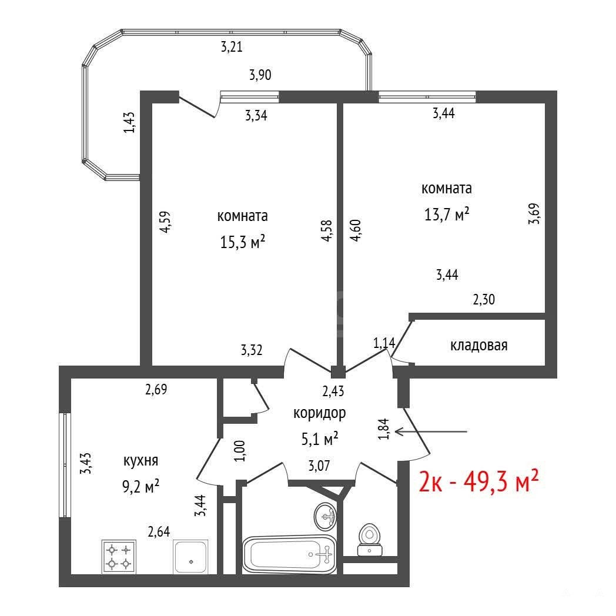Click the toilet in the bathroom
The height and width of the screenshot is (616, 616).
(370, 540)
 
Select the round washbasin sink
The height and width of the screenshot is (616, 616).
(325, 516)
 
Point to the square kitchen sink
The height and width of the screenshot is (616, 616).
(191, 557)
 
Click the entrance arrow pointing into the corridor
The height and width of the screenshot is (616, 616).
(431, 431)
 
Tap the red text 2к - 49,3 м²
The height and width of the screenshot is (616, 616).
(478, 481)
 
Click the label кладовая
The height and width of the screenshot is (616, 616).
(478, 345)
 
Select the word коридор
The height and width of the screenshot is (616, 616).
(319, 413)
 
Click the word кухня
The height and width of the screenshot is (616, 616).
(140, 460)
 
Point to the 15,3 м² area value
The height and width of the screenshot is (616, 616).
(242, 242)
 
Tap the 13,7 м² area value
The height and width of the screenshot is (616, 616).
(447, 214)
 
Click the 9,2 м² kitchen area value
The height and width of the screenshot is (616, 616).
(140, 487)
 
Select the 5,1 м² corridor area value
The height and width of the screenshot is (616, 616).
(320, 439)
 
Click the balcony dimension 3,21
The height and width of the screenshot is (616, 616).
(232, 47)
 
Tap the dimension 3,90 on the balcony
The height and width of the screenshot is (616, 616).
(260, 75)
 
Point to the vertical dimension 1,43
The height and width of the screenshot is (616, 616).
(129, 122)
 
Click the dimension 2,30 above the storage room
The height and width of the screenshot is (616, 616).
(484, 300)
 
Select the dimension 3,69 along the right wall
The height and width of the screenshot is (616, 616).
(534, 213)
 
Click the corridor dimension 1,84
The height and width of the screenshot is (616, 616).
(384, 428)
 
